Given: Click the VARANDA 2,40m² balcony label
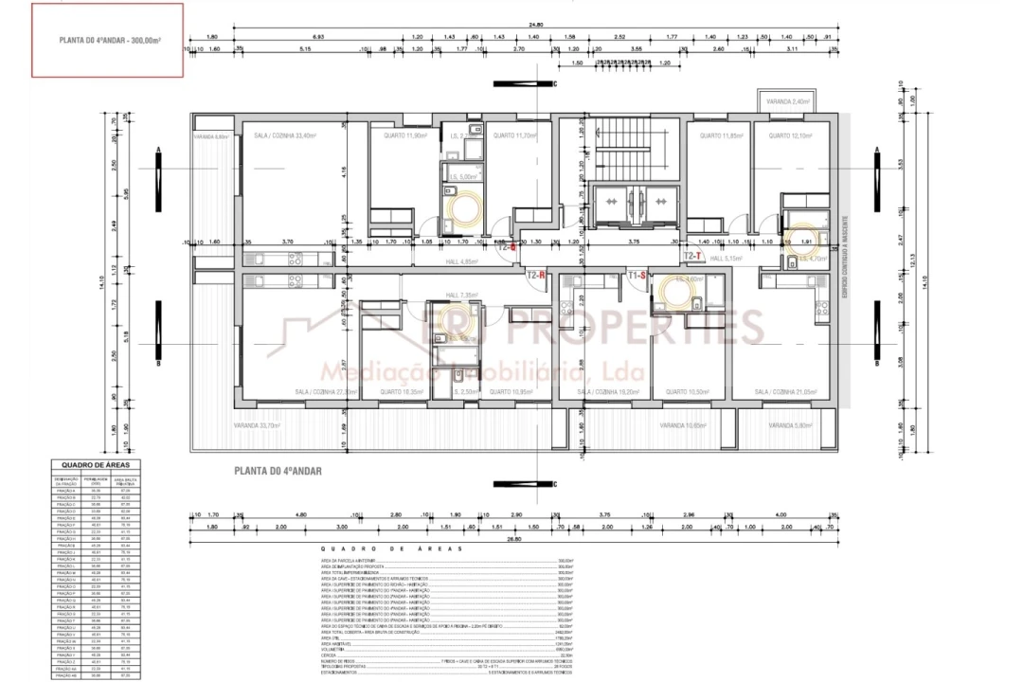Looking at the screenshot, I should pyautogui.click(x=787, y=100).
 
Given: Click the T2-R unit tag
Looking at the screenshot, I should pyautogui.click(x=537, y=276).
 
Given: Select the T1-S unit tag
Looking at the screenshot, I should pyautogui.click(x=637, y=275).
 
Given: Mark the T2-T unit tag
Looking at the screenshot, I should pyautogui.click(x=692, y=256).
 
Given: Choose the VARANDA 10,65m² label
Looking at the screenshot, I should pyautogui.click(x=687, y=425).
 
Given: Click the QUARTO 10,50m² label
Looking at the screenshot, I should pyautogui.click(x=687, y=391).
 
